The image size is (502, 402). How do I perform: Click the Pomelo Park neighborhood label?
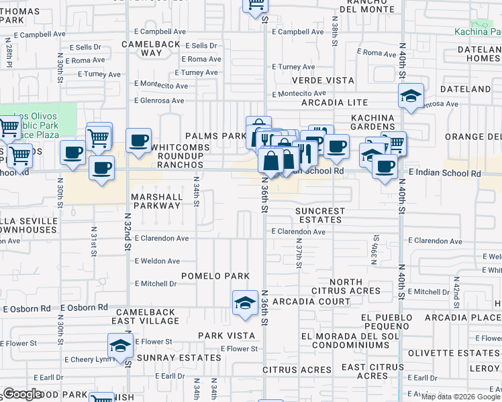(x=215, y=276)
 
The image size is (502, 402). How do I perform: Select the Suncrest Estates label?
(x=320, y=215)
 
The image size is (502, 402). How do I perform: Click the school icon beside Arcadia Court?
(x=246, y=303)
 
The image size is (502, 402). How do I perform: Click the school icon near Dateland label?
(x=411, y=96)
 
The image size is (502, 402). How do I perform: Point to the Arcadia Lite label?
(x=334, y=103)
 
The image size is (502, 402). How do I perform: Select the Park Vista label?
(x=226, y=335)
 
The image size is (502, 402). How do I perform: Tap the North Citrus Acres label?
(x=346, y=287)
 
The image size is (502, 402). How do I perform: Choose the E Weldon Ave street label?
(x=157, y=261)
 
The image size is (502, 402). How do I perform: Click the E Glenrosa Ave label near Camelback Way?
(x=158, y=100)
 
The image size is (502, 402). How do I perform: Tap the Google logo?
(x=23, y=394)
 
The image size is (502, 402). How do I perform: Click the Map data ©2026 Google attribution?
(x=460, y=397)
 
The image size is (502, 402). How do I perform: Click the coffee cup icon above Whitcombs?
(x=139, y=141)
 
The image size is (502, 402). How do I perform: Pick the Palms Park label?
(x=216, y=136)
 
